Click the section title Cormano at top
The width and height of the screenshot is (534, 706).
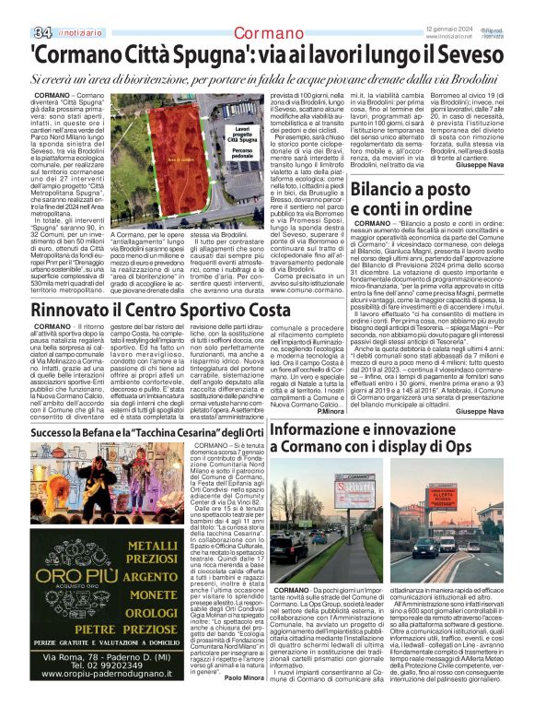point(268,34)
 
